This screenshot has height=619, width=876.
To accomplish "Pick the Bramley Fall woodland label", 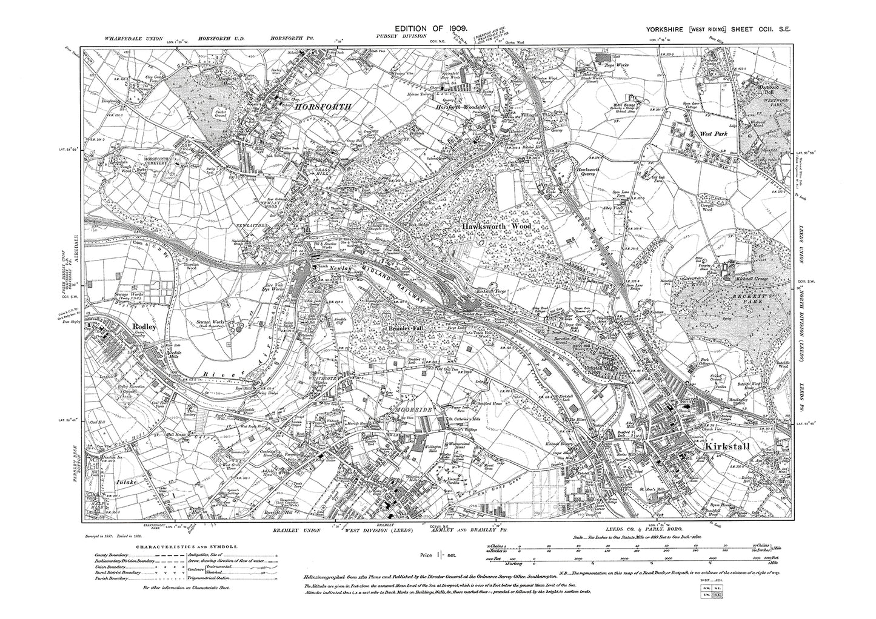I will [405, 328].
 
